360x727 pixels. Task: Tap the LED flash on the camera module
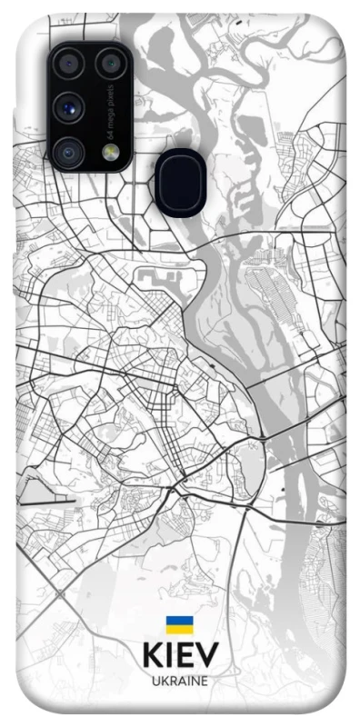click(x=111, y=153)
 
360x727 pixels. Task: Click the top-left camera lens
click(x=69, y=64)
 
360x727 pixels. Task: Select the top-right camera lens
click(x=111, y=64)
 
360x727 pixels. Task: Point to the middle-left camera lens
click(x=69, y=107)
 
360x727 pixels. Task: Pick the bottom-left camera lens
click(x=69, y=152)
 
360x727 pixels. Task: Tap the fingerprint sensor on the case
click(x=181, y=182)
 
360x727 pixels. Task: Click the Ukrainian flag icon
click(x=179, y=624)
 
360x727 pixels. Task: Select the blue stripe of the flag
click(x=179, y=620)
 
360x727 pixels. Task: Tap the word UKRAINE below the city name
click(x=180, y=680)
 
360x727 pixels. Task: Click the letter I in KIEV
click(x=169, y=656)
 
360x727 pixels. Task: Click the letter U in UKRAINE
click(x=155, y=680)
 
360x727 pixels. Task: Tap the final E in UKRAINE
click(x=205, y=680)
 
